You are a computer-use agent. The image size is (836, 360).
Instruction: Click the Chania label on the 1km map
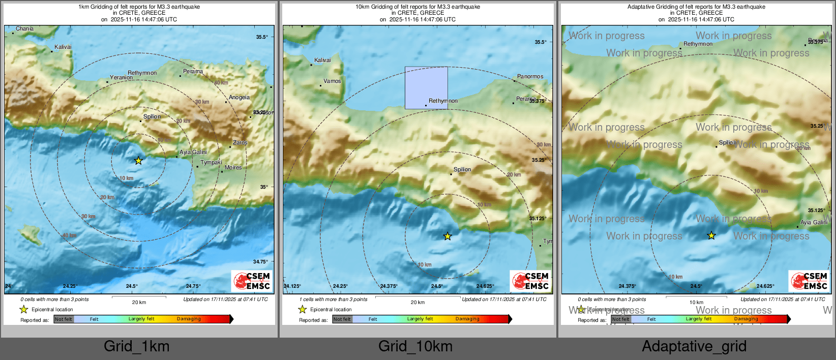24,29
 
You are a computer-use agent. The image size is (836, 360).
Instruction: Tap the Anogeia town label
239,98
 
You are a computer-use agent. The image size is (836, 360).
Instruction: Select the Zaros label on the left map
240,143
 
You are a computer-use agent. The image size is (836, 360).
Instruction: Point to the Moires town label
233,167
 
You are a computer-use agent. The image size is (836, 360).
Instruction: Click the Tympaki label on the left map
211,163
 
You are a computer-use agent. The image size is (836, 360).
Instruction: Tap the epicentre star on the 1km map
138,161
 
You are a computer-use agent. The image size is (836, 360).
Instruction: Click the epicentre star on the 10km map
447,236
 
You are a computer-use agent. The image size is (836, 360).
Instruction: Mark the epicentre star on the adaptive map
711,235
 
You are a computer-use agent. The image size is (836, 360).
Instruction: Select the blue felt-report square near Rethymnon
426,87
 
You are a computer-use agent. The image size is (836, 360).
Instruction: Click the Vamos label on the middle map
332,81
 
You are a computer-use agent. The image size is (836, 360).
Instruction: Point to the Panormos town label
530,77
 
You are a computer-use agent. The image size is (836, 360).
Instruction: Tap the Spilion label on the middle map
462,170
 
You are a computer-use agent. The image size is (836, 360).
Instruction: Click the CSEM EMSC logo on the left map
252,281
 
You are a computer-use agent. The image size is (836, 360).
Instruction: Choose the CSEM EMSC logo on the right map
810,281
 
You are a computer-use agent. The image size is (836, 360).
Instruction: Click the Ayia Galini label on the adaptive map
814,223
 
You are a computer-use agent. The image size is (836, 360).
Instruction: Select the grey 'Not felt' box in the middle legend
342,319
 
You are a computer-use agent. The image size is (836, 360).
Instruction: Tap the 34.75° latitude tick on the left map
260,262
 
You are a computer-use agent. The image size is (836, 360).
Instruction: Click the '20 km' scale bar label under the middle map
417,303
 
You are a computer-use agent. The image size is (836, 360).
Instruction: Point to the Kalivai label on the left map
63,47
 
